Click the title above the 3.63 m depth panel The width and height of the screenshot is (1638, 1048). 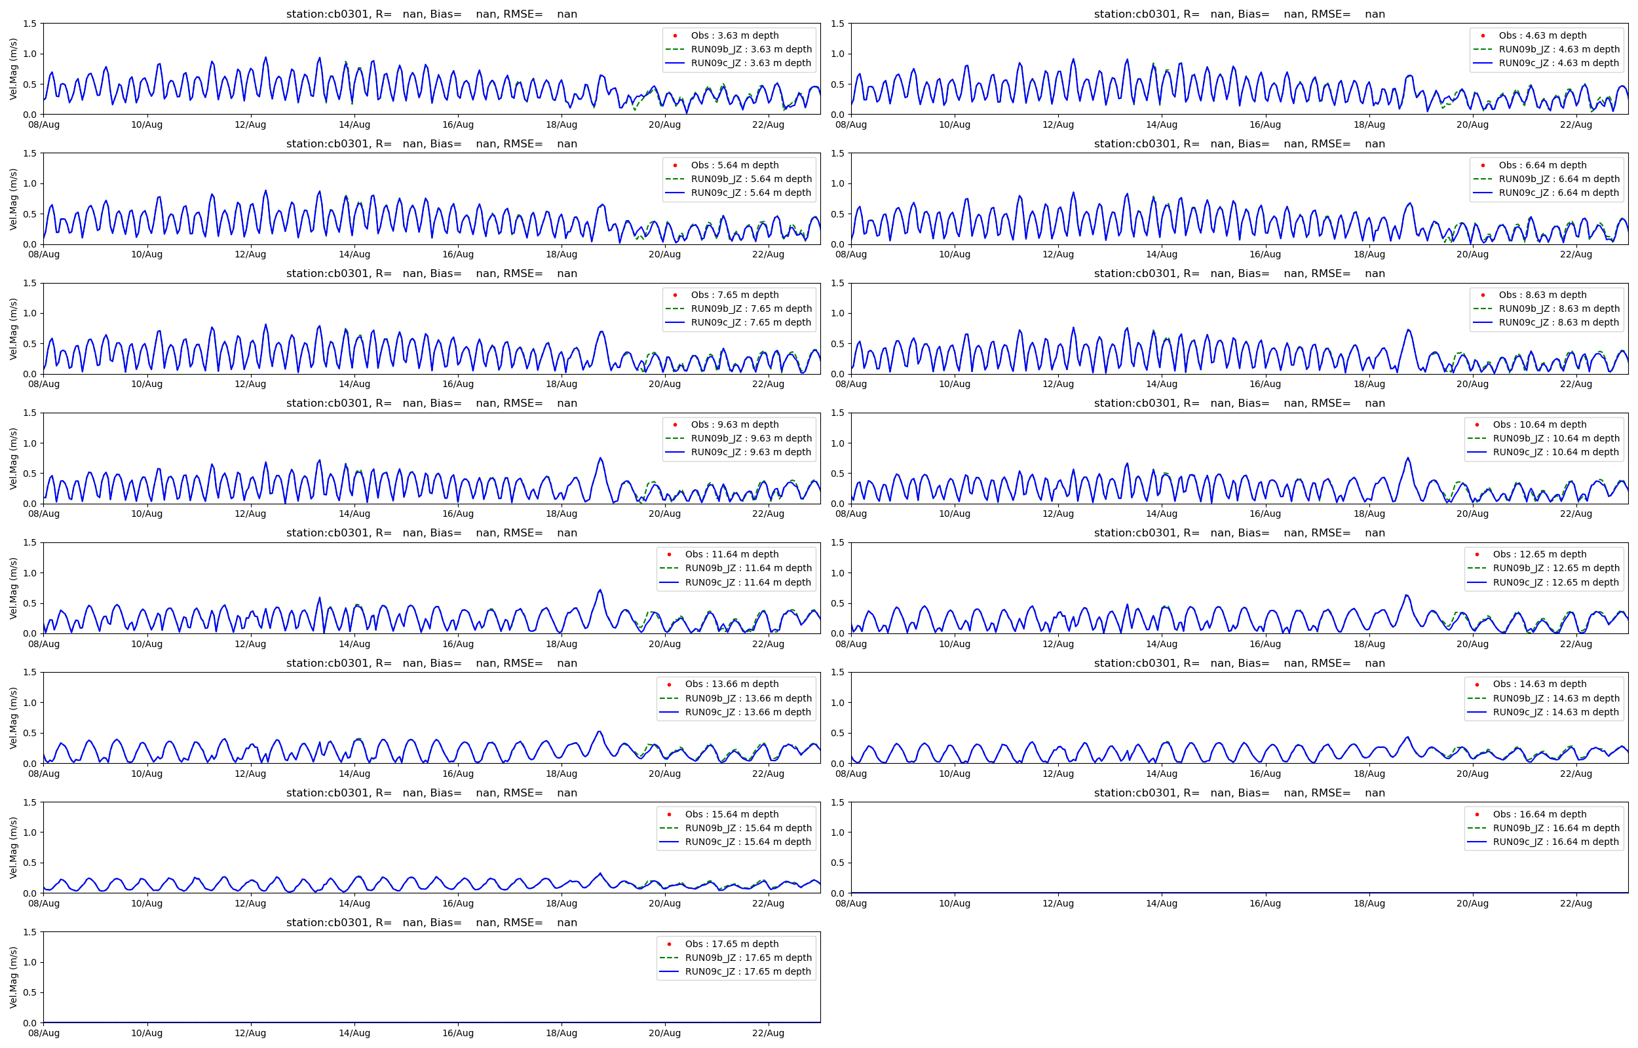click(431, 14)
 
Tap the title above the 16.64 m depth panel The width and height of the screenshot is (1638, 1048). click(1239, 793)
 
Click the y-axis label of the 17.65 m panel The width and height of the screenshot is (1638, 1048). click(14, 977)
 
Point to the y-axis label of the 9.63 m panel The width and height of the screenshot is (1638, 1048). click(14, 458)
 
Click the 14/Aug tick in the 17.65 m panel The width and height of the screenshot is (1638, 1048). click(354, 1033)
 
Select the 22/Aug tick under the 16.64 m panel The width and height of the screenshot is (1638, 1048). click(1575, 904)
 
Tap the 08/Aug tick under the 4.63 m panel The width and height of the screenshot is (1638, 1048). click(850, 124)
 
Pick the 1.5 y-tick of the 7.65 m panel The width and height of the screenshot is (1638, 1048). click(29, 283)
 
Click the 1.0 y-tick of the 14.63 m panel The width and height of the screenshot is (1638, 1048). click(837, 703)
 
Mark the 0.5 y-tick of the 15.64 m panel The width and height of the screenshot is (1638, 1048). click(29, 863)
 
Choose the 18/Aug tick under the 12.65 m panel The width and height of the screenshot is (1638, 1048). click(1369, 644)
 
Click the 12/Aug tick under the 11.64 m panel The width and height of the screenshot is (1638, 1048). click(250, 644)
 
